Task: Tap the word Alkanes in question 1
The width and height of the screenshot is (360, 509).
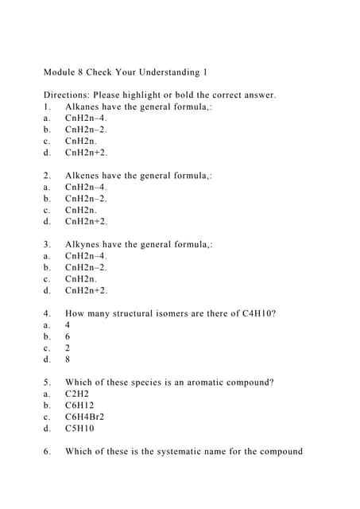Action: [84, 107]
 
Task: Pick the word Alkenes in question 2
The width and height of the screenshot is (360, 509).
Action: [84, 176]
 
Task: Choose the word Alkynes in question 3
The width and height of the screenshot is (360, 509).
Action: [84, 245]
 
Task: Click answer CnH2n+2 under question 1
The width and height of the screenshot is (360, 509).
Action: [86, 153]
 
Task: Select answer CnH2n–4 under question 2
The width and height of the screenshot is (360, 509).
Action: [86, 188]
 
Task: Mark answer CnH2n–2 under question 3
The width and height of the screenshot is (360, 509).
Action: [86, 268]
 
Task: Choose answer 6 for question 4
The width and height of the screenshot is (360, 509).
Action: [68, 336]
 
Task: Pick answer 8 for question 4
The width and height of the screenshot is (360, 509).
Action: [68, 359]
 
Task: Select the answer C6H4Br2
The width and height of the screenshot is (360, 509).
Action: [84, 417]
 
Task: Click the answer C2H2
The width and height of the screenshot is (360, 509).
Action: [76, 394]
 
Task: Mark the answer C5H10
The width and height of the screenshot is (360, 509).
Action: [79, 429]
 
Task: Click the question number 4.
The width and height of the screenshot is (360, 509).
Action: [47, 313]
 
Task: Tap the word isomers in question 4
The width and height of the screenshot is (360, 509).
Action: [186, 313]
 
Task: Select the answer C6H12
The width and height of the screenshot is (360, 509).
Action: [79, 406]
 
